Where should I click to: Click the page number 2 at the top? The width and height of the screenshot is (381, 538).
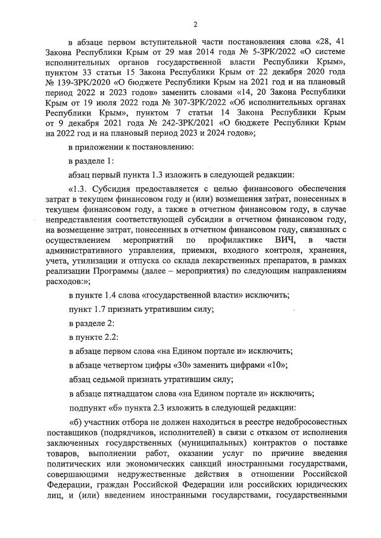point(195,24)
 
